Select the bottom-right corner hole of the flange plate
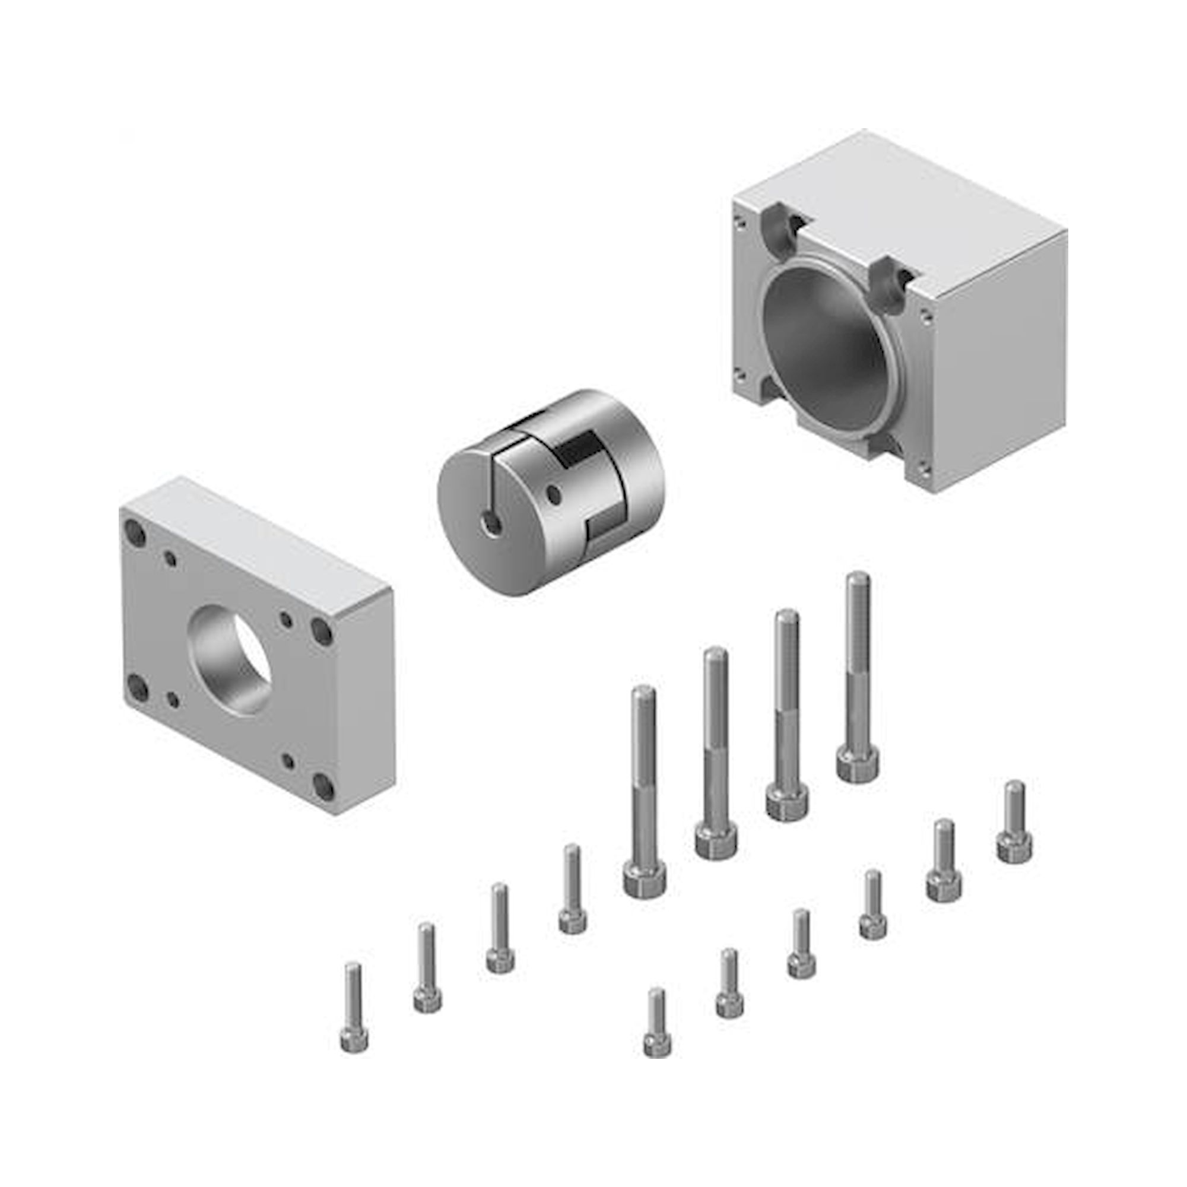324,788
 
